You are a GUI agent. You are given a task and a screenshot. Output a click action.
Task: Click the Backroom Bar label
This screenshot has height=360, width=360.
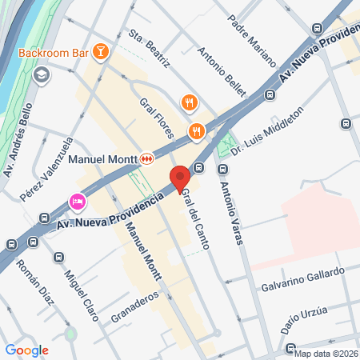(52, 54)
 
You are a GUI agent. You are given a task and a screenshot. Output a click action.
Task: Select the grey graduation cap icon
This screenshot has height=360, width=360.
(42, 75)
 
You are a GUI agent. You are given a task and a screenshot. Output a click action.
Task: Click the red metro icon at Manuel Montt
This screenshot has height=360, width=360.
(147, 158)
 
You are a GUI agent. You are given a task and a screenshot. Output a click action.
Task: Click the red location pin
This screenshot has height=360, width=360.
(179, 178)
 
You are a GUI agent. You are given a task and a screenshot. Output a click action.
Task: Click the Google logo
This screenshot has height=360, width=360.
(26, 350)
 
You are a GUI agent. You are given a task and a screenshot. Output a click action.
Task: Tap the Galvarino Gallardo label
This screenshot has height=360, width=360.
(303, 280)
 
